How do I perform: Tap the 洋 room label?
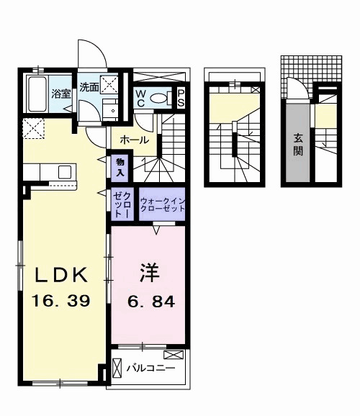pyautogui.click(x=149, y=273)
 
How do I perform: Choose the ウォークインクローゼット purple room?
pyautogui.click(x=162, y=204)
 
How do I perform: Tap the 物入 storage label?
pyautogui.click(x=119, y=168)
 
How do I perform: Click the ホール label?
pyautogui.click(x=135, y=139)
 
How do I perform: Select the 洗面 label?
pyautogui.click(x=89, y=88)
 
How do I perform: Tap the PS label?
pyautogui.click(x=181, y=98)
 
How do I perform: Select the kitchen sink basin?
pyautogui.click(x=65, y=172)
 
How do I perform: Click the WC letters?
pyautogui.click(x=141, y=98)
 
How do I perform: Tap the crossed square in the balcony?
pyautogui.click(x=174, y=355)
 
